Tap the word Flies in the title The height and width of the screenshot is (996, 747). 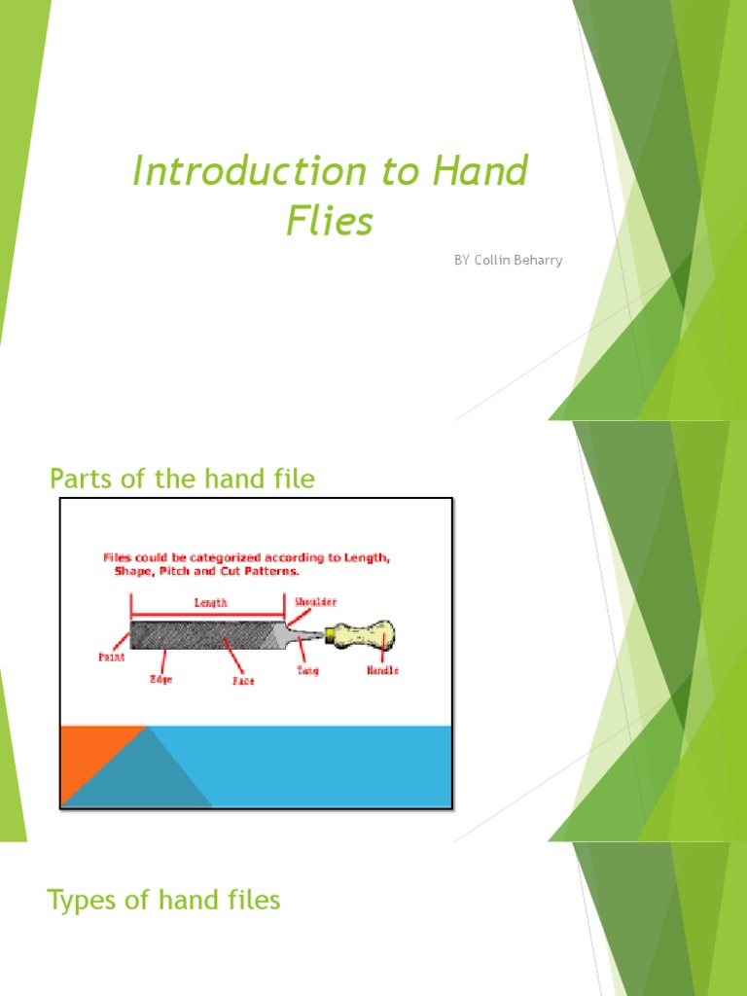[330, 221]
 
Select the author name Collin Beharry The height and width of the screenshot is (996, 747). [518, 261]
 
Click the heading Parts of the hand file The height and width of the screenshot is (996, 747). [182, 479]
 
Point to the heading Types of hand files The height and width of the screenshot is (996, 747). [163, 901]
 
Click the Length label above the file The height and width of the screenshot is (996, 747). [211, 603]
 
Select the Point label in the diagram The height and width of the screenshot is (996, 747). [112, 657]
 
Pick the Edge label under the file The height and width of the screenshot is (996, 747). [160, 679]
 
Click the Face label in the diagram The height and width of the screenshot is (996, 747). [243, 681]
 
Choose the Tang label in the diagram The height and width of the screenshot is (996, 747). [308, 670]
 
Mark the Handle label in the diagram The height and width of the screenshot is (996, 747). [382, 670]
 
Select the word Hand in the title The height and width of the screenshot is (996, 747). [480, 172]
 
